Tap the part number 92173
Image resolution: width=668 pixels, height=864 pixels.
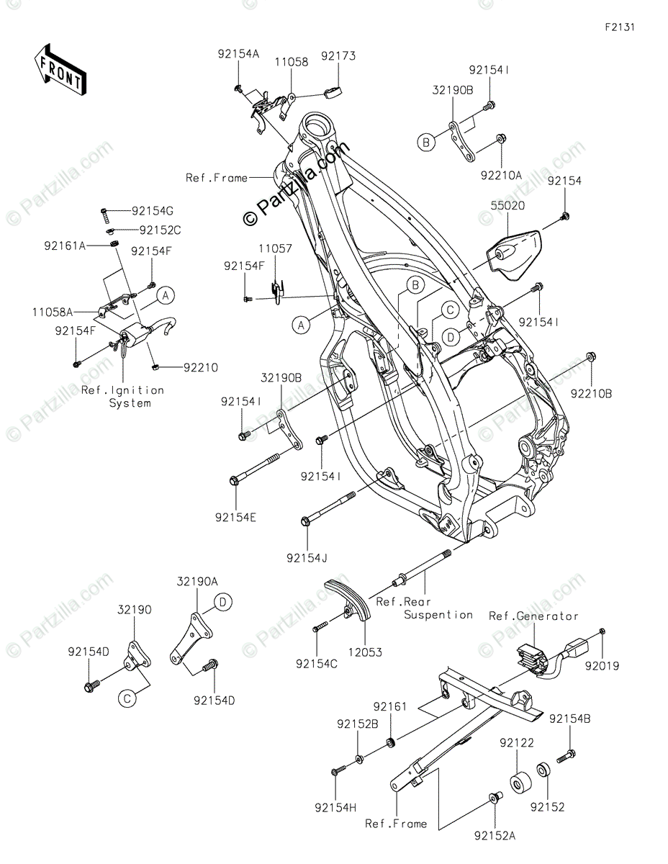click(x=338, y=55)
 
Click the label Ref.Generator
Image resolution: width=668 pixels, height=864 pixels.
click(x=533, y=616)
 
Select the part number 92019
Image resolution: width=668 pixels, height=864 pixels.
click(x=602, y=666)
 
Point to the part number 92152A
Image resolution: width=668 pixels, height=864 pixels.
click(x=496, y=835)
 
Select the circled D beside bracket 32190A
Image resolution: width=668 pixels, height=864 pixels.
click(x=223, y=602)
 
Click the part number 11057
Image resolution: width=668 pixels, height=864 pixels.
click(x=276, y=248)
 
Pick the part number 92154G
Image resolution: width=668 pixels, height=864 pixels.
click(x=153, y=211)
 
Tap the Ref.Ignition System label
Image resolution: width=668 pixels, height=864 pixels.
click(x=122, y=397)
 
